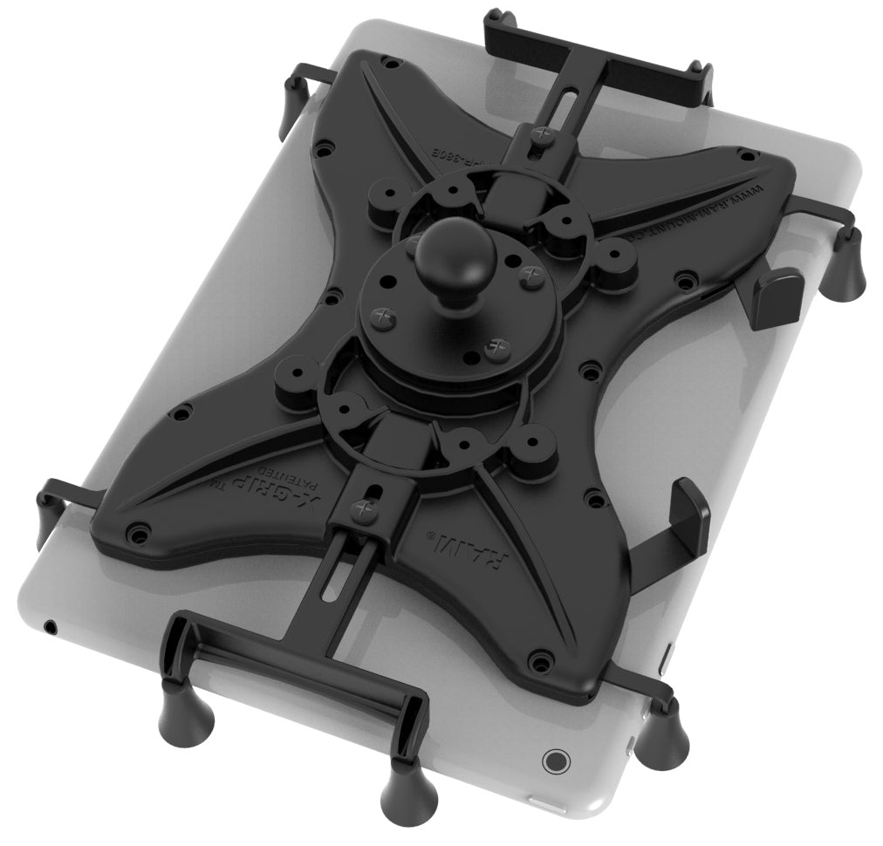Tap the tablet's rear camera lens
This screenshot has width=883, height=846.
554,760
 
